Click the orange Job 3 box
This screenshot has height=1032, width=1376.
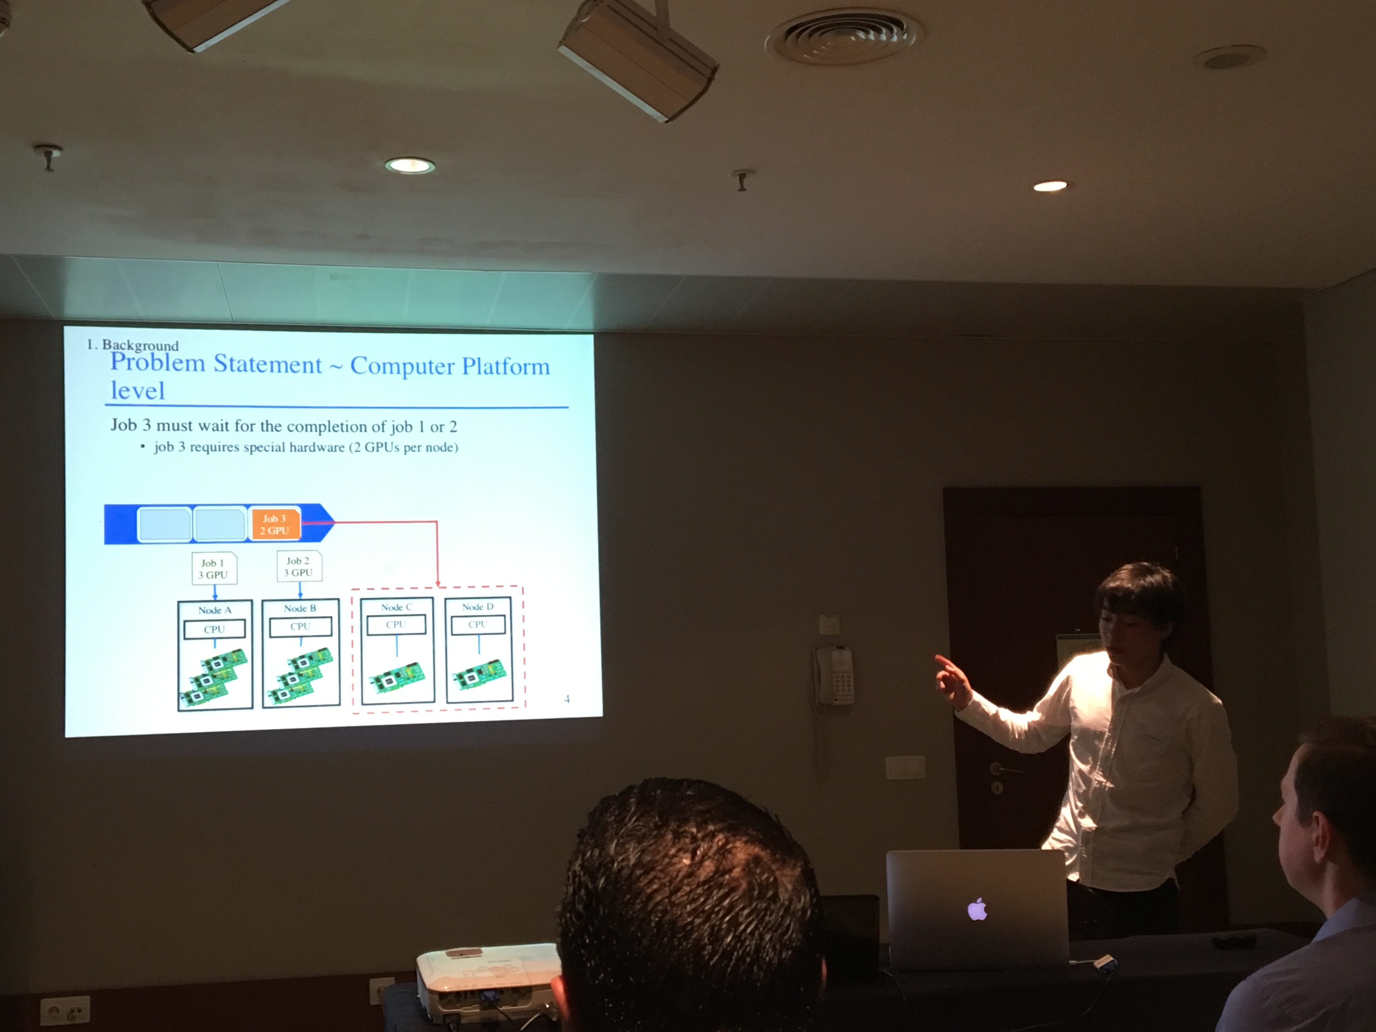coord(274,524)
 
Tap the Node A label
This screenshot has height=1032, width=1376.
coord(215,610)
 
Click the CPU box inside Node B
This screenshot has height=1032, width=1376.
coord(300,627)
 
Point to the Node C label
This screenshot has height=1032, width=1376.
coord(396,607)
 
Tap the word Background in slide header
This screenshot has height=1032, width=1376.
coord(140,345)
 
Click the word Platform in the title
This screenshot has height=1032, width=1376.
coord(505,367)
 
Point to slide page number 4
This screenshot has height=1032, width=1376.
coord(567,699)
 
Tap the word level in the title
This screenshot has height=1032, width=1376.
coord(138,391)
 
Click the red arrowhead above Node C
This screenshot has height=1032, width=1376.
coord(438,584)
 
